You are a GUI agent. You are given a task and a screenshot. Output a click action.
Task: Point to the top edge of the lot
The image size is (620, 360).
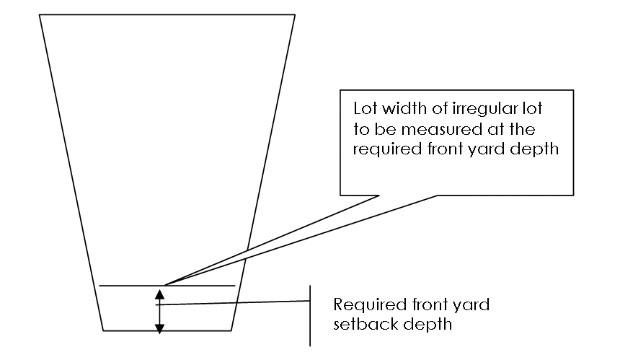[167, 15]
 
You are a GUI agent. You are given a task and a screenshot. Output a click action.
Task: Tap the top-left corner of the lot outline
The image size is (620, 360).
[40, 15]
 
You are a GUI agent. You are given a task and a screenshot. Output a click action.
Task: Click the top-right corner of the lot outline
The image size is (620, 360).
[294, 15]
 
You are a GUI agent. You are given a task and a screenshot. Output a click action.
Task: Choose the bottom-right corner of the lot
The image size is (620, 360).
[231, 331]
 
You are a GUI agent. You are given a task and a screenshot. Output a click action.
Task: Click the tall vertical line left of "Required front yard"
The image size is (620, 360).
[311, 315]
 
